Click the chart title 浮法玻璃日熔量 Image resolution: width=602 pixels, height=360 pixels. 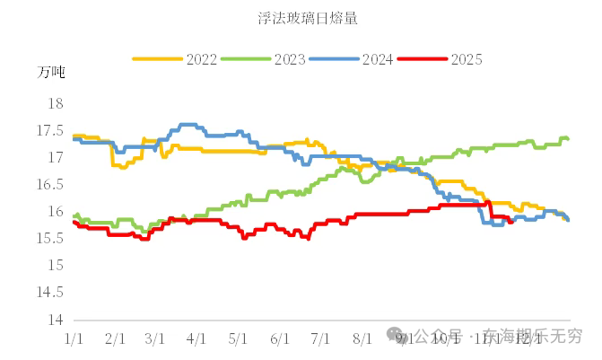point(301,17)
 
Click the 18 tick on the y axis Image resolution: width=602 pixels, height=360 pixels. point(55,104)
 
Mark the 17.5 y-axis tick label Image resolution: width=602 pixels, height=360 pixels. point(50,131)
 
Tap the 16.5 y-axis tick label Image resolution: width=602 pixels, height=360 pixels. point(50,185)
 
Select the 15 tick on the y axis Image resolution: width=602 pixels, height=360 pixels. point(55,266)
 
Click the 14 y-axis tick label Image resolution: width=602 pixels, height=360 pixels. point(55,320)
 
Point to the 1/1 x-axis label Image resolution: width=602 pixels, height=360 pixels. point(74,338)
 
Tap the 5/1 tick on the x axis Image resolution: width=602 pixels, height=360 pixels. point(238,338)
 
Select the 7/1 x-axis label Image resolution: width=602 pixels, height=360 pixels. point(320,338)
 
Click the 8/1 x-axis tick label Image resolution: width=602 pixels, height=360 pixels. point(362,338)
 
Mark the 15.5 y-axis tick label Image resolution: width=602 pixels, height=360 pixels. point(50,239)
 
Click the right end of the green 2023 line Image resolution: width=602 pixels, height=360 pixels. point(568,139)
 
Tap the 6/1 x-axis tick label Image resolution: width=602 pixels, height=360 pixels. point(279,338)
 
